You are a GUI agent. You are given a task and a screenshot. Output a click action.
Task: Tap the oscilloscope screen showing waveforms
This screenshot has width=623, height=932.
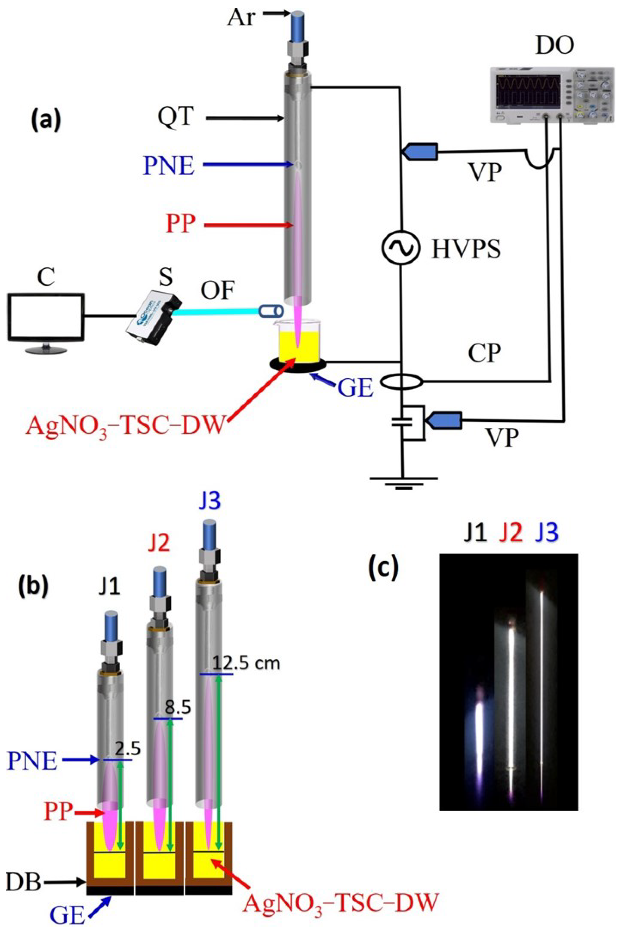526,92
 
